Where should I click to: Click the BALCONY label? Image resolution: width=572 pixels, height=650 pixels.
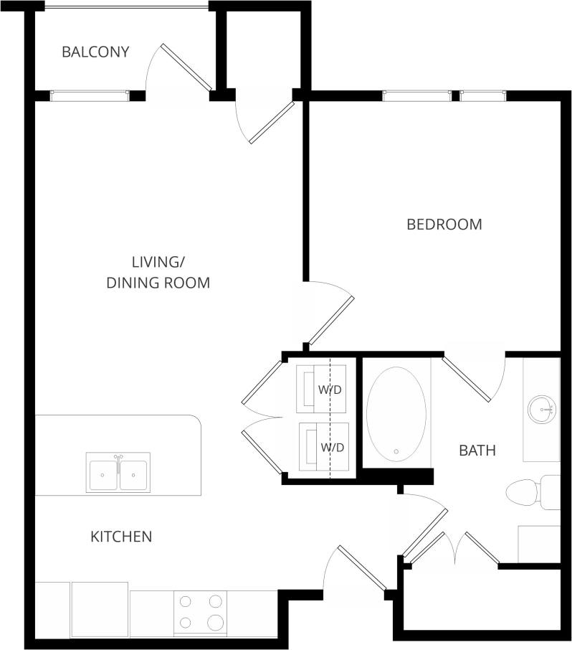click(x=95, y=52)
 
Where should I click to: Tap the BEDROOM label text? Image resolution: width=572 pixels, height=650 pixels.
click(x=444, y=225)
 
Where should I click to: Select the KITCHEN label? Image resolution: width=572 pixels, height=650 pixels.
click(x=121, y=537)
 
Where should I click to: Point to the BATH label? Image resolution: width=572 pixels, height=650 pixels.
click(x=477, y=451)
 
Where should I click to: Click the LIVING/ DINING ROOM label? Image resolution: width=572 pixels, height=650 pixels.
click(x=158, y=272)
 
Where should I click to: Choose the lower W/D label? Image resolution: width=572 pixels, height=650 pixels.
click(x=333, y=447)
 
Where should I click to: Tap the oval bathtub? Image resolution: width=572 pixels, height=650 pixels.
click(x=396, y=414)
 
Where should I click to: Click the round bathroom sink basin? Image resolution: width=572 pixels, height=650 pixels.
click(x=541, y=410)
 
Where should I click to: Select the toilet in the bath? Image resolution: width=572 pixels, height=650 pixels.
click(x=530, y=492)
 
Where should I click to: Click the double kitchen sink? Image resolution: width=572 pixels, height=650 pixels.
click(x=118, y=473)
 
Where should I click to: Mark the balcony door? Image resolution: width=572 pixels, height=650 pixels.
click(x=186, y=67)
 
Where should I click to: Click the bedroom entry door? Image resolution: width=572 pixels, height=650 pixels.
click(x=331, y=319)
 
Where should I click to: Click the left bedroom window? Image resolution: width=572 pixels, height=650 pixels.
click(x=417, y=94)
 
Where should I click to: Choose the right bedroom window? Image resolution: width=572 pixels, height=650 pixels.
click(x=482, y=94)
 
